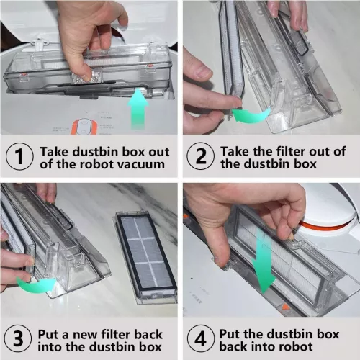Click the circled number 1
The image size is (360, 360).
19,156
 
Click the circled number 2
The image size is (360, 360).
201,156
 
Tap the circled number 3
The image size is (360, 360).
18,338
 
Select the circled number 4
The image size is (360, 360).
201,338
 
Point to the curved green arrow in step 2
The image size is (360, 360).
251,115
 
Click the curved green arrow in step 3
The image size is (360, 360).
36,284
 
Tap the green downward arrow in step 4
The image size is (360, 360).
262,261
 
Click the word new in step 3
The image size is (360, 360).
85,335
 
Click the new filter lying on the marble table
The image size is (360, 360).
145,257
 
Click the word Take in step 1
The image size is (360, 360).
55,152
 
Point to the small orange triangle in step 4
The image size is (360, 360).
284,307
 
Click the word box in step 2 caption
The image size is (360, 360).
306,164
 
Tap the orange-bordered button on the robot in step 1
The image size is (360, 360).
84,127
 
